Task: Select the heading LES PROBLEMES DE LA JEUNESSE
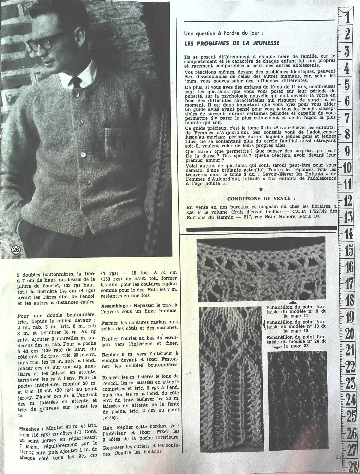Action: pyautogui.click(x=232, y=43)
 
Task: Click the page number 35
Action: pyautogui.click(x=338, y=457)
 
